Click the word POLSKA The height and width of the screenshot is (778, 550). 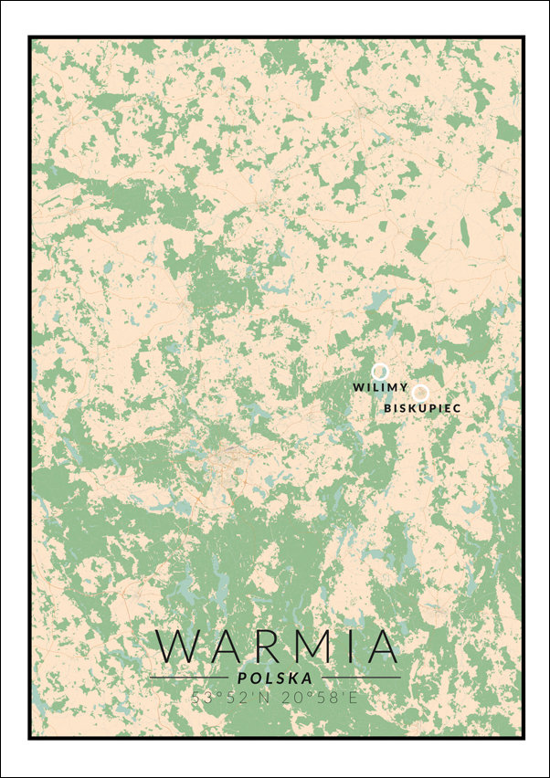pos(274,678)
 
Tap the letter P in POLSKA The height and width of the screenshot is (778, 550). pos(241,678)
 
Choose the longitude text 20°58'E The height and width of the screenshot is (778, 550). pos(317,698)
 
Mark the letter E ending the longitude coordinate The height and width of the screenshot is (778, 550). pos(352,698)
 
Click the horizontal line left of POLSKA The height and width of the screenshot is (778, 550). pos(187,678)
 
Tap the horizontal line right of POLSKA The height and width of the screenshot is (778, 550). pos(362,678)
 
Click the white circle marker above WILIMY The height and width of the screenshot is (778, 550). pos(379,371)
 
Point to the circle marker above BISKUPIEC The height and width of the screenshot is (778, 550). pos(421,392)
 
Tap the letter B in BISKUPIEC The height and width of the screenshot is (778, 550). pos(387,408)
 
